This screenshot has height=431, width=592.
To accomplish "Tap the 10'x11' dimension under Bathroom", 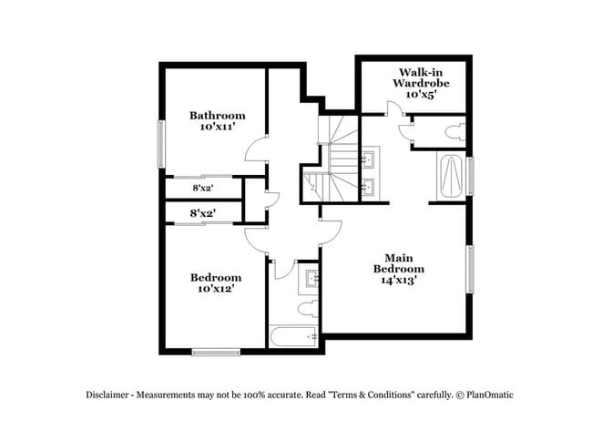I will [x=218, y=128].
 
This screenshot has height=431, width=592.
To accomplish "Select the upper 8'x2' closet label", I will [x=202, y=188].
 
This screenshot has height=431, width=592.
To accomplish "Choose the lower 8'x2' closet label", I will [x=202, y=213].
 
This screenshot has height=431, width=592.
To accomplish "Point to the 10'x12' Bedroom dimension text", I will [x=216, y=289].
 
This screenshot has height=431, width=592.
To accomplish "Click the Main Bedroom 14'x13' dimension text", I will [x=398, y=281].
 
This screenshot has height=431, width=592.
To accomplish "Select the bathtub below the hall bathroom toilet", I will [x=293, y=337].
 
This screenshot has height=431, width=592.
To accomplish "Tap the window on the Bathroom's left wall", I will [x=162, y=144].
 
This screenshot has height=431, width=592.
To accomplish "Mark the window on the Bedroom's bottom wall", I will [x=216, y=351].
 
